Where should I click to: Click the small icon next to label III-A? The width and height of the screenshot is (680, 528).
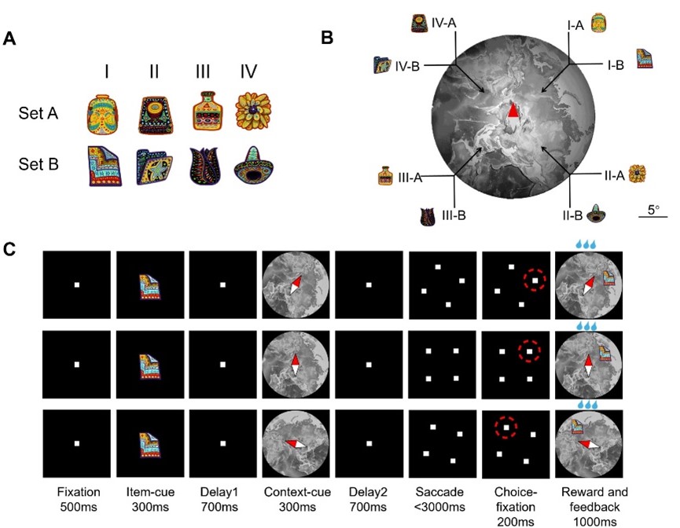click(x=385, y=174)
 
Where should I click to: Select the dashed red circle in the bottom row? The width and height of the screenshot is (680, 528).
click(x=507, y=427)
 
